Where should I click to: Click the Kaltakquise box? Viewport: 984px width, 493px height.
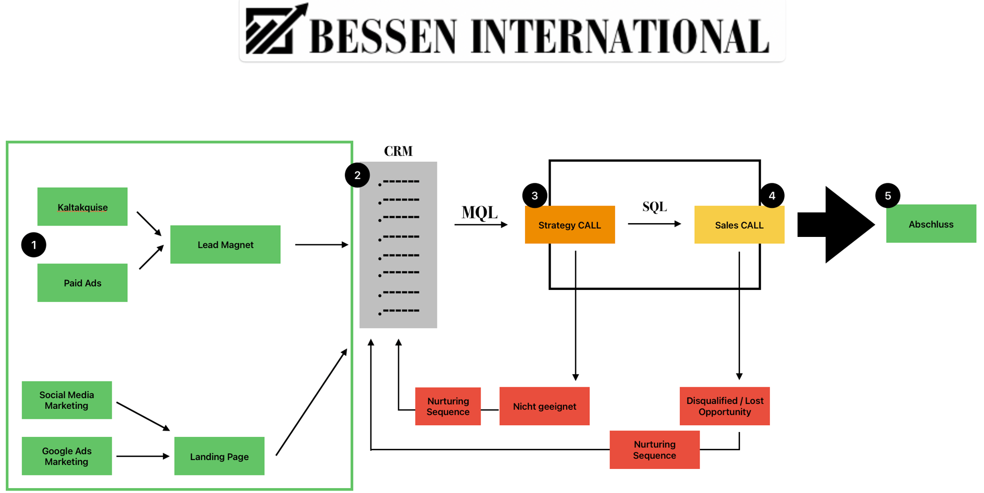click(x=82, y=207)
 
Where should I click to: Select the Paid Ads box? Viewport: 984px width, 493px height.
click(x=82, y=283)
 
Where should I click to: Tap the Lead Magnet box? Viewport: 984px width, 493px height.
click(x=225, y=244)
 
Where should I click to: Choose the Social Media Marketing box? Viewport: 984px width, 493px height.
click(x=66, y=400)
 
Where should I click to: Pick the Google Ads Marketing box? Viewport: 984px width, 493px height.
click(x=66, y=456)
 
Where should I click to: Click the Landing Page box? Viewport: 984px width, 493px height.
click(x=219, y=456)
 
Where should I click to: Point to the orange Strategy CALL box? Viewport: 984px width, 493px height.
click(x=570, y=225)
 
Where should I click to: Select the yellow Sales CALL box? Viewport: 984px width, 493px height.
click(x=739, y=225)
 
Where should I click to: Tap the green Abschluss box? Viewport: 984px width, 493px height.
click(x=931, y=224)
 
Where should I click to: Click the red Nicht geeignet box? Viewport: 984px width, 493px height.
click(x=544, y=406)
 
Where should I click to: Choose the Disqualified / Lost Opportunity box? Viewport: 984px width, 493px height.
click(x=724, y=406)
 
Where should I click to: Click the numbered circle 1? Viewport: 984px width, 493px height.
click(x=33, y=245)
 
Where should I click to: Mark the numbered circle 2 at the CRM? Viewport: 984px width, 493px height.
click(x=357, y=175)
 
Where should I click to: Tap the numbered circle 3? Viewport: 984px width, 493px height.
click(x=534, y=196)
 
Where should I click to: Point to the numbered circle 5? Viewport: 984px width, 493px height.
click(x=888, y=196)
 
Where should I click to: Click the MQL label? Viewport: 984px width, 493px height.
click(x=479, y=212)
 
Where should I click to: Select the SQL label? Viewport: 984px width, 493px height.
click(x=654, y=206)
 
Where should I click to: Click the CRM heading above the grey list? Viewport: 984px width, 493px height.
click(x=398, y=151)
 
